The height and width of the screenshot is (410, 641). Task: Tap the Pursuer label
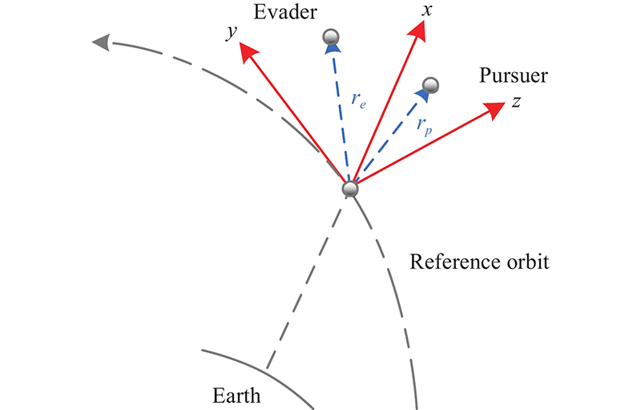[513, 77]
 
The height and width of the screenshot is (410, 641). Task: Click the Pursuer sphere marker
[430, 84]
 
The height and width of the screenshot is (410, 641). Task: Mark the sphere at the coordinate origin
[349, 189]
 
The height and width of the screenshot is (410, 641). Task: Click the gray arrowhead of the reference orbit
[102, 43]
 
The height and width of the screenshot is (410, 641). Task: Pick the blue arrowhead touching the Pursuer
[421, 95]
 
